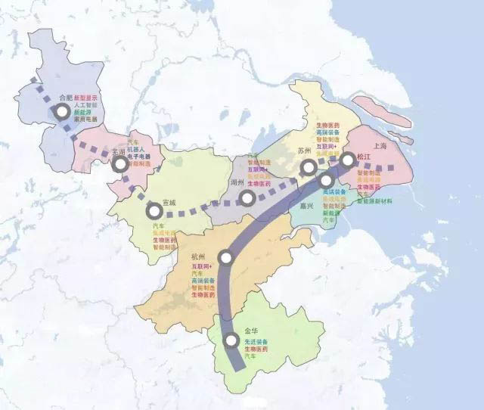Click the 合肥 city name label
point(66,98)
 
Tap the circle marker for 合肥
point(61,112)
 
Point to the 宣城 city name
point(169,203)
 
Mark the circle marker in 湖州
point(247,198)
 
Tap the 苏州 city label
point(305,151)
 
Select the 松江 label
point(365,157)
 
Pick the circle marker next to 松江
point(347,160)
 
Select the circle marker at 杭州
point(224,257)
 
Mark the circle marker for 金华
point(231,342)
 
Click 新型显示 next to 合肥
point(85,98)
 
